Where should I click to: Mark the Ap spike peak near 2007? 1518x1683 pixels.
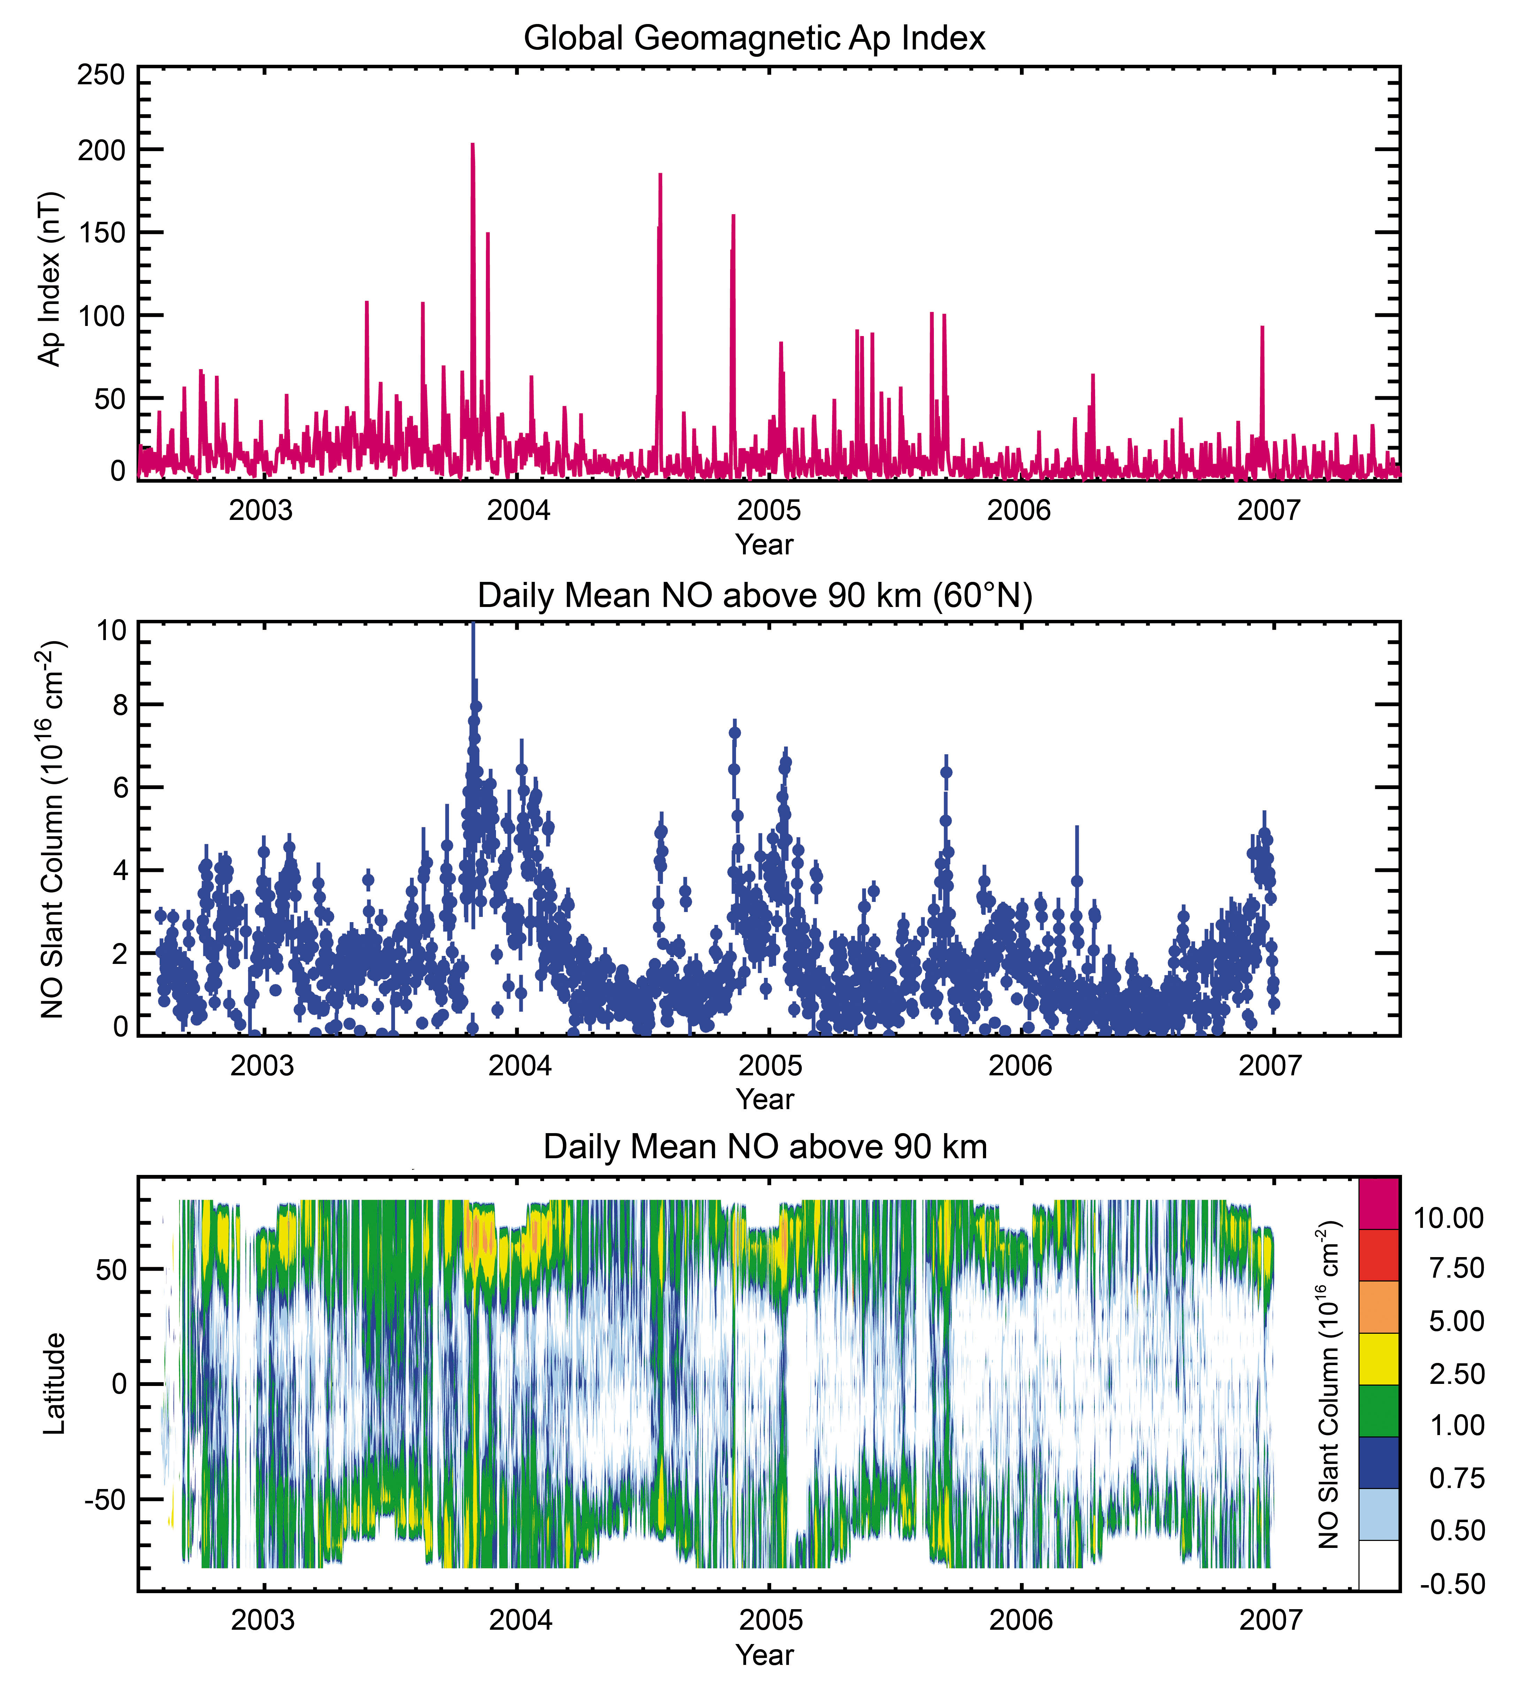click(1262, 328)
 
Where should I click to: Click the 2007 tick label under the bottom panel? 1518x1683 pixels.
click(1270, 1620)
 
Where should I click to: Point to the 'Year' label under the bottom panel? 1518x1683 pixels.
click(764, 1655)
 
